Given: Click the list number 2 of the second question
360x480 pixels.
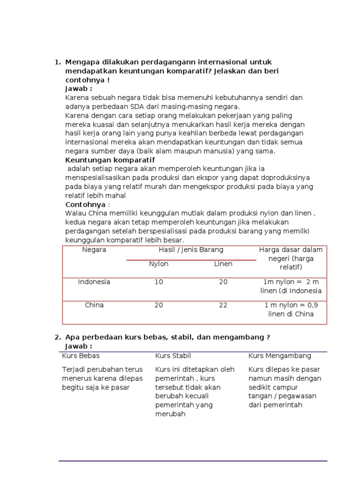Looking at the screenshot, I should click(57, 337).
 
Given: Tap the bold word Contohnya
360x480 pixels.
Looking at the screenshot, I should click(86, 205).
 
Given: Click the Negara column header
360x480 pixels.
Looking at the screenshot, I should click(94, 250).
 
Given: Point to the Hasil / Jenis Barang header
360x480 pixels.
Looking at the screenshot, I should click(191, 250).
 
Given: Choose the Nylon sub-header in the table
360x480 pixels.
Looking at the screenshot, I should click(158, 264).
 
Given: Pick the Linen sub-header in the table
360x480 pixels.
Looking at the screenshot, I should click(223, 264).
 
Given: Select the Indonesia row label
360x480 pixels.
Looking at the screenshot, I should click(94, 282).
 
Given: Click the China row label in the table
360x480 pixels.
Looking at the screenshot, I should click(94, 305).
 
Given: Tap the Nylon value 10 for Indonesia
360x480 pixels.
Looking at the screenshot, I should click(158, 282).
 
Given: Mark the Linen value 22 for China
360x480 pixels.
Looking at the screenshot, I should click(223, 305).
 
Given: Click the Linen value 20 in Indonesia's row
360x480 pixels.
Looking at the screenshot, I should click(223, 282).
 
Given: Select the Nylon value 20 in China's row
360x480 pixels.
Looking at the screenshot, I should click(158, 305).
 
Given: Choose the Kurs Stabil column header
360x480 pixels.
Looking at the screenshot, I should click(173, 356).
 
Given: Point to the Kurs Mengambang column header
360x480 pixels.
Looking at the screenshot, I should click(279, 356).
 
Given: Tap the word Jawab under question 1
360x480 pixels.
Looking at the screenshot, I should click(77, 89).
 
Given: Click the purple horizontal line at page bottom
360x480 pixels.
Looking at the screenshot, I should click(193, 461).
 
